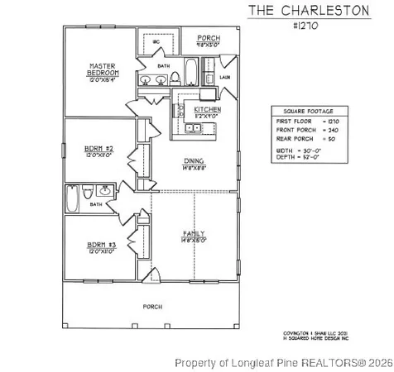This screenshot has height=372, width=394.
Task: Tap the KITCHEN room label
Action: pyautogui.click(x=207, y=110)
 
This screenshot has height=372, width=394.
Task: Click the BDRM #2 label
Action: pyautogui.click(x=98, y=150)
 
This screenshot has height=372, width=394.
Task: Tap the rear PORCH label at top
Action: pyautogui.click(x=208, y=39)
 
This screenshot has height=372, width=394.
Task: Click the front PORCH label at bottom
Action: pyautogui.click(x=151, y=306)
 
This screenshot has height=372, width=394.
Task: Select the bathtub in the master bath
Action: pyautogui.click(x=190, y=73)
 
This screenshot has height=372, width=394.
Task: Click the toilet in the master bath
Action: pyautogui.click(x=175, y=79)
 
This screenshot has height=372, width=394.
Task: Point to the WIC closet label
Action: pyautogui.click(x=156, y=41)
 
